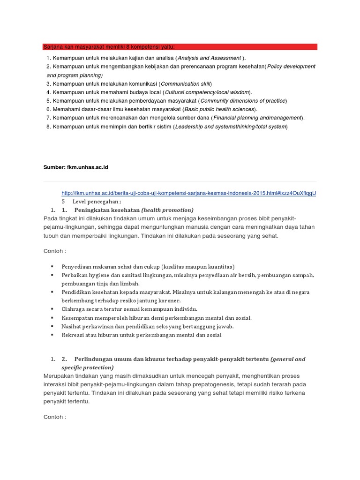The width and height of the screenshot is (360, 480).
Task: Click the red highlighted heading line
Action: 180,47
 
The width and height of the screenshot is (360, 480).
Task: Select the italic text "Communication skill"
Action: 186,84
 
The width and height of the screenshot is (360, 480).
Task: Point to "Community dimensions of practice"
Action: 243,101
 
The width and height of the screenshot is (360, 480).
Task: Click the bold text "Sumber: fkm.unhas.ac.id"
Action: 76,167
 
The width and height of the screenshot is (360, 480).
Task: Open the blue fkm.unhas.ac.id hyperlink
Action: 189,193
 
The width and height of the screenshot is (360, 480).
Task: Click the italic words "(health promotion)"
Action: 167,210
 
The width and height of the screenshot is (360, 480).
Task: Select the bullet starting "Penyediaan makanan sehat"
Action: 148,266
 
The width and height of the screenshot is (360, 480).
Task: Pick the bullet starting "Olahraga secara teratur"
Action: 129,309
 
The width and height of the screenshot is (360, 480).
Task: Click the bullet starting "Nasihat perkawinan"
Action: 147,326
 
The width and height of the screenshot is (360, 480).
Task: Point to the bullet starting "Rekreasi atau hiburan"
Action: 142,335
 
